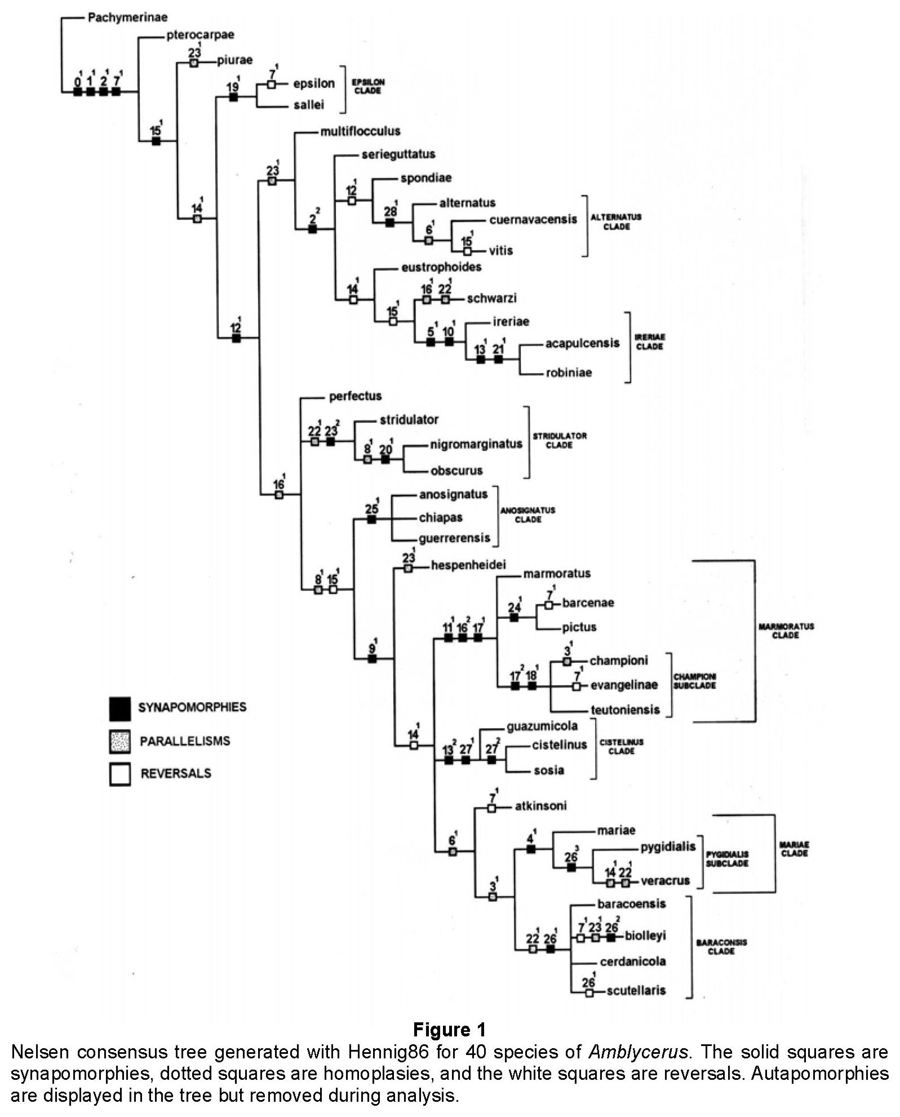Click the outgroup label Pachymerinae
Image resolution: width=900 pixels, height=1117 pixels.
pos(127,17)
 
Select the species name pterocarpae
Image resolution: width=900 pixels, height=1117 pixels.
pos(200,35)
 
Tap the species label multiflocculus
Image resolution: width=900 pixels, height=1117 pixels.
pos(360,131)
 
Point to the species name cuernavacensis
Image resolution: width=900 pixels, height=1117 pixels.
pos(533,219)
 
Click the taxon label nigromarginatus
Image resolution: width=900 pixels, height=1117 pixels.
pos(476,444)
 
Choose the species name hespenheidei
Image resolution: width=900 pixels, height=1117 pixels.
pos(468,565)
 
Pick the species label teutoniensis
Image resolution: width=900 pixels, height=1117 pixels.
pos(625,710)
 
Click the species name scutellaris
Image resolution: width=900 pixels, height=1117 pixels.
pos(636,990)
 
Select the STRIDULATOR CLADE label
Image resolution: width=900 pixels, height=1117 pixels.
pos(560,440)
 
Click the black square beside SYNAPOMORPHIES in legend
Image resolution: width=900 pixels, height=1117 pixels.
pos(119,708)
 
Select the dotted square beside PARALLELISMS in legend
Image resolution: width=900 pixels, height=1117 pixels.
pos(119,741)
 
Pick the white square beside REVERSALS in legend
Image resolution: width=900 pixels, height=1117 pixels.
pos(119,774)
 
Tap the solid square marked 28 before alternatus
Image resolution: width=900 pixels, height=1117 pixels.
pos(389,223)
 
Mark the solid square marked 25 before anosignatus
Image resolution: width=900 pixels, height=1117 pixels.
pos(371,520)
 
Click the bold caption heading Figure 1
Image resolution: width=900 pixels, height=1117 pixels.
pos(449,1030)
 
